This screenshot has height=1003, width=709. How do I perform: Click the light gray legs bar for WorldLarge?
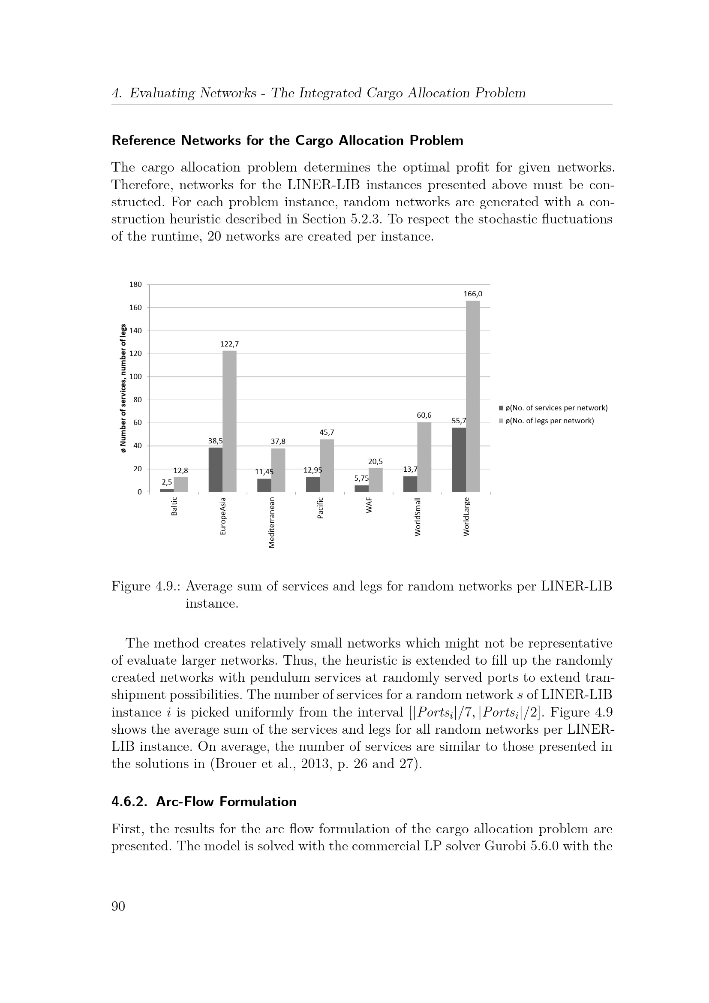click(x=473, y=396)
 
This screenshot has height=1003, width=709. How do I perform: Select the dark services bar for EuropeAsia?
click(x=216, y=470)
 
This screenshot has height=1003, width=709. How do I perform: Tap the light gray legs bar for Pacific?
click(x=327, y=465)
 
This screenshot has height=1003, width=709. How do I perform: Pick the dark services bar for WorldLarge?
click(x=459, y=460)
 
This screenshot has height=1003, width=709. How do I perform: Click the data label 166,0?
click(x=473, y=294)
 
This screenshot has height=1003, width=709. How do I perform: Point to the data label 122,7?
click(x=229, y=344)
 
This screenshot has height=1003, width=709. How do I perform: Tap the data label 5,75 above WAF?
click(x=361, y=479)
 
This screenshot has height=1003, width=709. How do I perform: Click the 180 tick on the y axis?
click(x=136, y=284)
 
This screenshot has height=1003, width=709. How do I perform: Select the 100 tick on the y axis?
click(x=136, y=377)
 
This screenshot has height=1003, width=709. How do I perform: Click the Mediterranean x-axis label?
click(x=271, y=522)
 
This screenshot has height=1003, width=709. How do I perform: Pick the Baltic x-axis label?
click(x=174, y=507)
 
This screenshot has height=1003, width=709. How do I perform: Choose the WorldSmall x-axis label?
click(x=418, y=517)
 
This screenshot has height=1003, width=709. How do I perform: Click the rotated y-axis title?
click(x=123, y=388)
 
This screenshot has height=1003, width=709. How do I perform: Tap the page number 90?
click(x=118, y=907)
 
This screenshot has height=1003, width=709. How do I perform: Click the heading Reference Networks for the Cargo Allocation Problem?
click(x=287, y=141)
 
